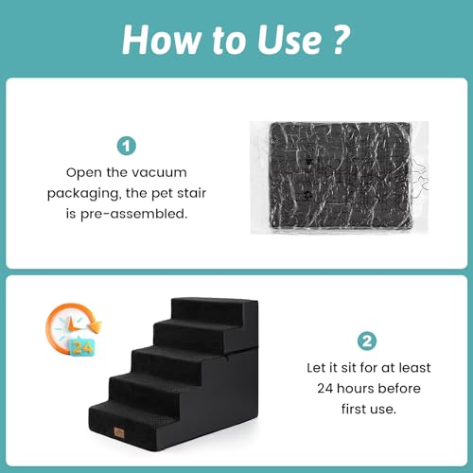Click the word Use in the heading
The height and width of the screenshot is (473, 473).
point(289,40)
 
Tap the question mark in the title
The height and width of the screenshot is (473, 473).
point(342,39)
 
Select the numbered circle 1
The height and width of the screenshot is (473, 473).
point(127,146)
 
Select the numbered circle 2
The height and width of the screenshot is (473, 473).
point(367,341)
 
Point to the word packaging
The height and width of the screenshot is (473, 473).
point(84,194)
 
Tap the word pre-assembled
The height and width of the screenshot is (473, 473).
point(133,214)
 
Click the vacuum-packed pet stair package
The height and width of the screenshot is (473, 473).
point(340,178)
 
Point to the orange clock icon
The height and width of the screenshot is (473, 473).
point(74,329)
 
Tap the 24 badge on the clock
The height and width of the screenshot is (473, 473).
point(82,348)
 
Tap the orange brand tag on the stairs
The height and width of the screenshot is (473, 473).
point(119,432)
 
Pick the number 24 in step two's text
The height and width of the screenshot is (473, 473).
point(324,389)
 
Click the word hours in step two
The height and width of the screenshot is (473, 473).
point(356,388)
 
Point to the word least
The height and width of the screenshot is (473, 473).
point(414,368)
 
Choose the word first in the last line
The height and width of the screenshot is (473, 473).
point(353,409)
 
